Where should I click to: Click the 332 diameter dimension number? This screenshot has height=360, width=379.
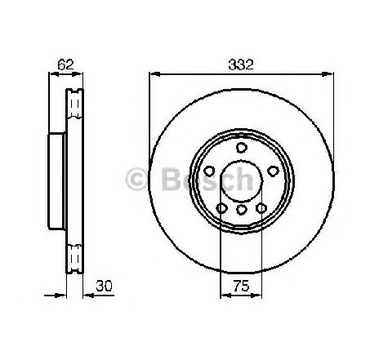pos(241,65)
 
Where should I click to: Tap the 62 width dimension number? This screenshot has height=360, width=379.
pos(65,64)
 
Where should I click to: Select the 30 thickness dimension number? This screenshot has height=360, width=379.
pos(104,286)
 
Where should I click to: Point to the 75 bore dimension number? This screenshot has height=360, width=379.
pos(241,286)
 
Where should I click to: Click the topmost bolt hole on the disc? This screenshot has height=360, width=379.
pos(241,148)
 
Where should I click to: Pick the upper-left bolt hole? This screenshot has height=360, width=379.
pos(209,171)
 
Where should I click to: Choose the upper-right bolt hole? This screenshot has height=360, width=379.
pos(273,171)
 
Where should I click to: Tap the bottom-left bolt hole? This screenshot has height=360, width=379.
pos(222,208)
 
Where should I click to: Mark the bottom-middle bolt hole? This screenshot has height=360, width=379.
pos(241,210)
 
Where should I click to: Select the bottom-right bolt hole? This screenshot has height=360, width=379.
pos(261,208)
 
